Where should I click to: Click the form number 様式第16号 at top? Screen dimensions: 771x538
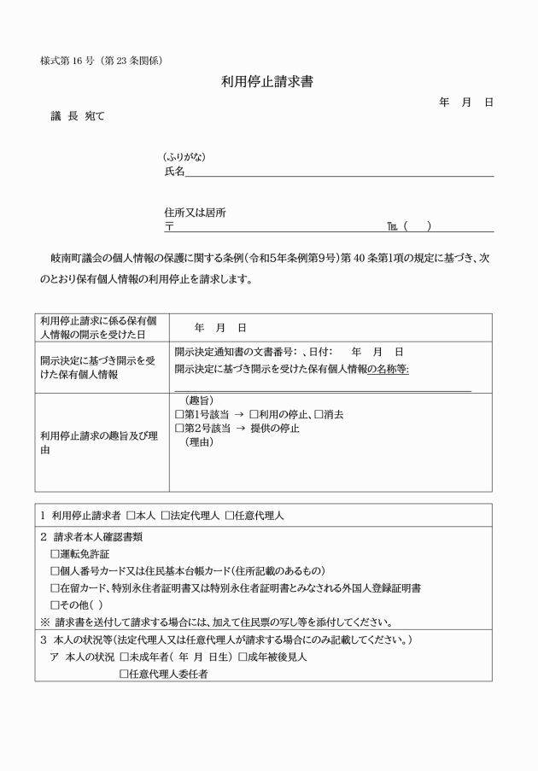102,61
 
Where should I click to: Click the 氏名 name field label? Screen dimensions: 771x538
174,172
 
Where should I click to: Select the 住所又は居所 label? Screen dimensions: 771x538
195,213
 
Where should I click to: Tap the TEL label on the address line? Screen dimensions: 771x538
393,227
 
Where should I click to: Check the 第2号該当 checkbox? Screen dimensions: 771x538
178,428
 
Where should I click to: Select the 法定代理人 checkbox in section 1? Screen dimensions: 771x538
166,517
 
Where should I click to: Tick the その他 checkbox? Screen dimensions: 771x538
56,605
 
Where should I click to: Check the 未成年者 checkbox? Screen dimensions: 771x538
125,657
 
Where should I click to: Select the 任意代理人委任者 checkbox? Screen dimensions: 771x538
125,674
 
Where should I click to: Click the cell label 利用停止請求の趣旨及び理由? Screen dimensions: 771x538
99,442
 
